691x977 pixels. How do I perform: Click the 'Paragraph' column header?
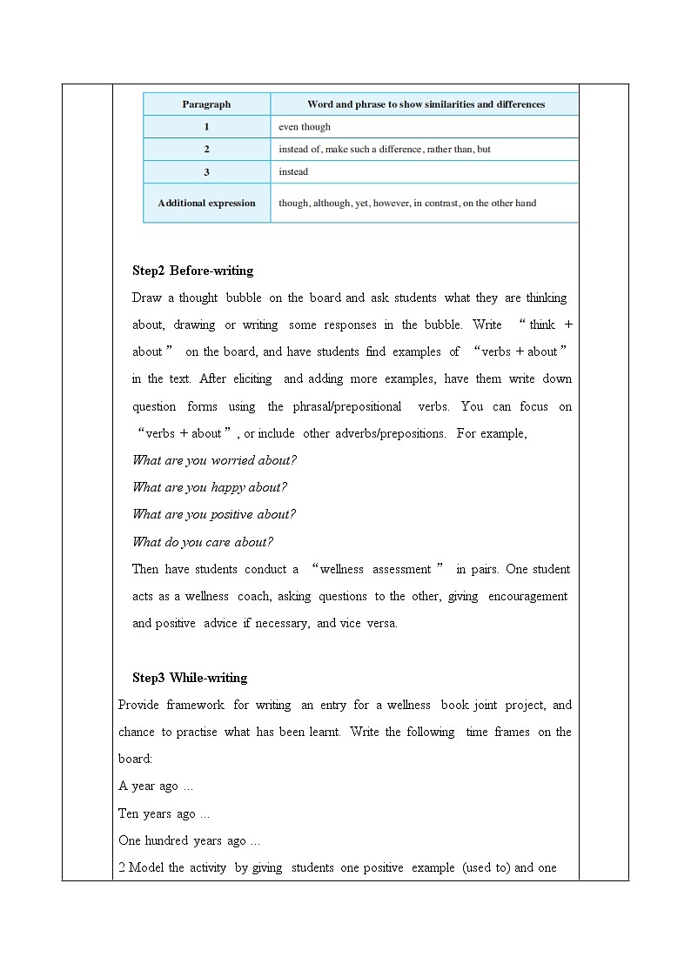[206, 104]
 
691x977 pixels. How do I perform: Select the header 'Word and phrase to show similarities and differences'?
[426, 104]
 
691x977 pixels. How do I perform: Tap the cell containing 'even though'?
[305, 127]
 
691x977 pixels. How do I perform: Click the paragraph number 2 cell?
[206, 150]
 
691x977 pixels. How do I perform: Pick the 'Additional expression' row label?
[206, 203]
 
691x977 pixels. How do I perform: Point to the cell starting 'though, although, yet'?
[407, 203]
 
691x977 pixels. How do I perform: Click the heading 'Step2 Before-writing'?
[193, 271]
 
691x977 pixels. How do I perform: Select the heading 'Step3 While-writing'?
[190, 678]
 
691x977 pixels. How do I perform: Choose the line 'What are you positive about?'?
[213, 514]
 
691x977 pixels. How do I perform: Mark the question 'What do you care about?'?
[202, 542]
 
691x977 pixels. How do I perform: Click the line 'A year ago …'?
[156, 786]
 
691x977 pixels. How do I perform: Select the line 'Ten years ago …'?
[164, 814]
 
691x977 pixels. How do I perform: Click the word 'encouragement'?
[527, 596]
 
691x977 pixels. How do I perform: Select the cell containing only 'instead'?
[293, 172]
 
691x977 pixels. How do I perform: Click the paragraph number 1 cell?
[206, 127]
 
